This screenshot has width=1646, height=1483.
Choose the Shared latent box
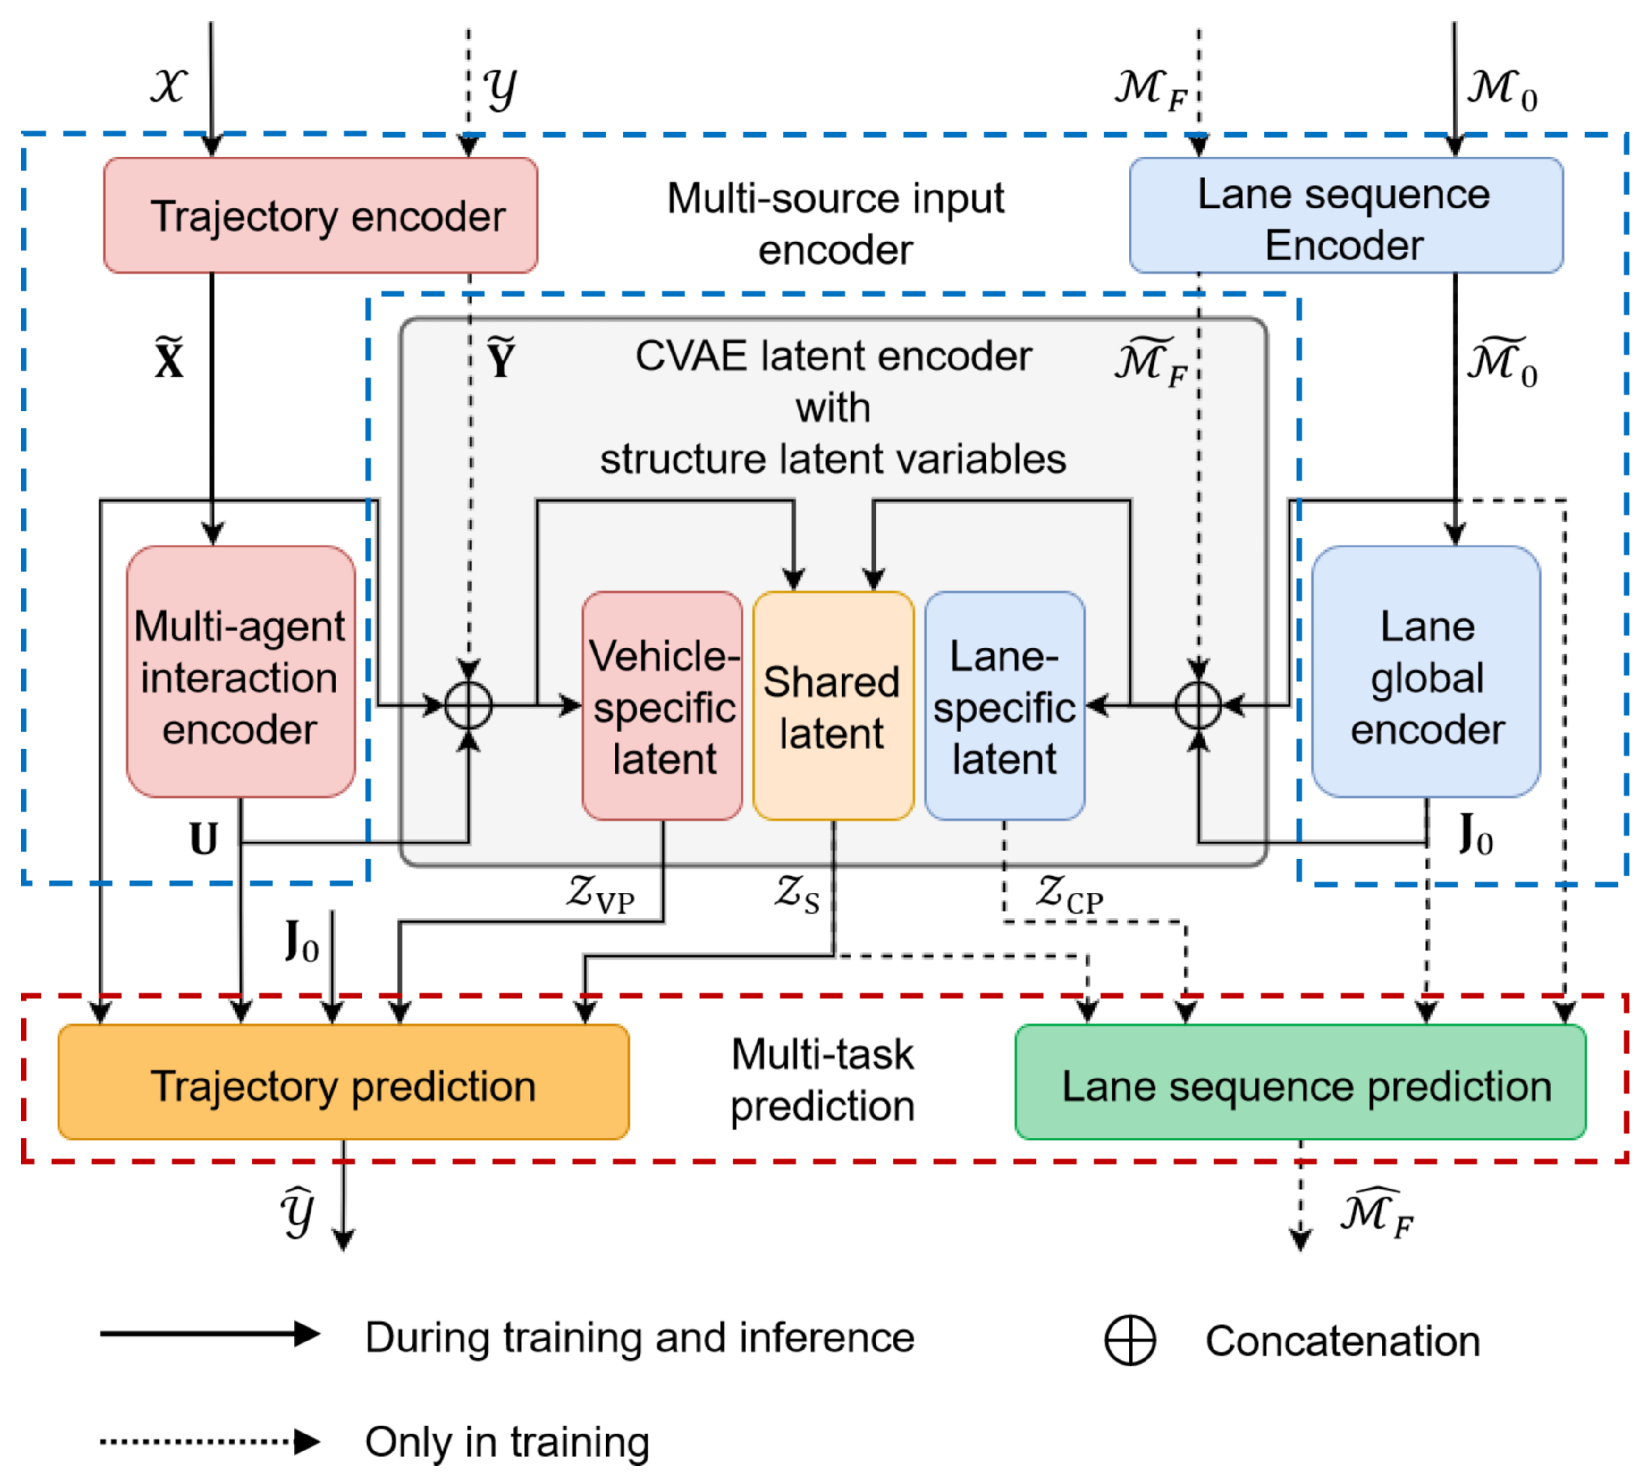[x=833, y=706]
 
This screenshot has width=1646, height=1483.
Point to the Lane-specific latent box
[x=1004, y=706]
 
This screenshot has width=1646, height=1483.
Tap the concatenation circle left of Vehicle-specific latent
[x=469, y=705]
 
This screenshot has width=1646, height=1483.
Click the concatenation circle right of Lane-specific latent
[x=1198, y=705]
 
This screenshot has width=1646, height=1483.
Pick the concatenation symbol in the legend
[x=1129, y=1341]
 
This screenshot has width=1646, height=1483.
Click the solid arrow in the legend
[x=209, y=1334]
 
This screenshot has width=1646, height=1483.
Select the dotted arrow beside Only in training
[x=209, y=1441]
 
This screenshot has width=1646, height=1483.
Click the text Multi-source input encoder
[x=835, y=224]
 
